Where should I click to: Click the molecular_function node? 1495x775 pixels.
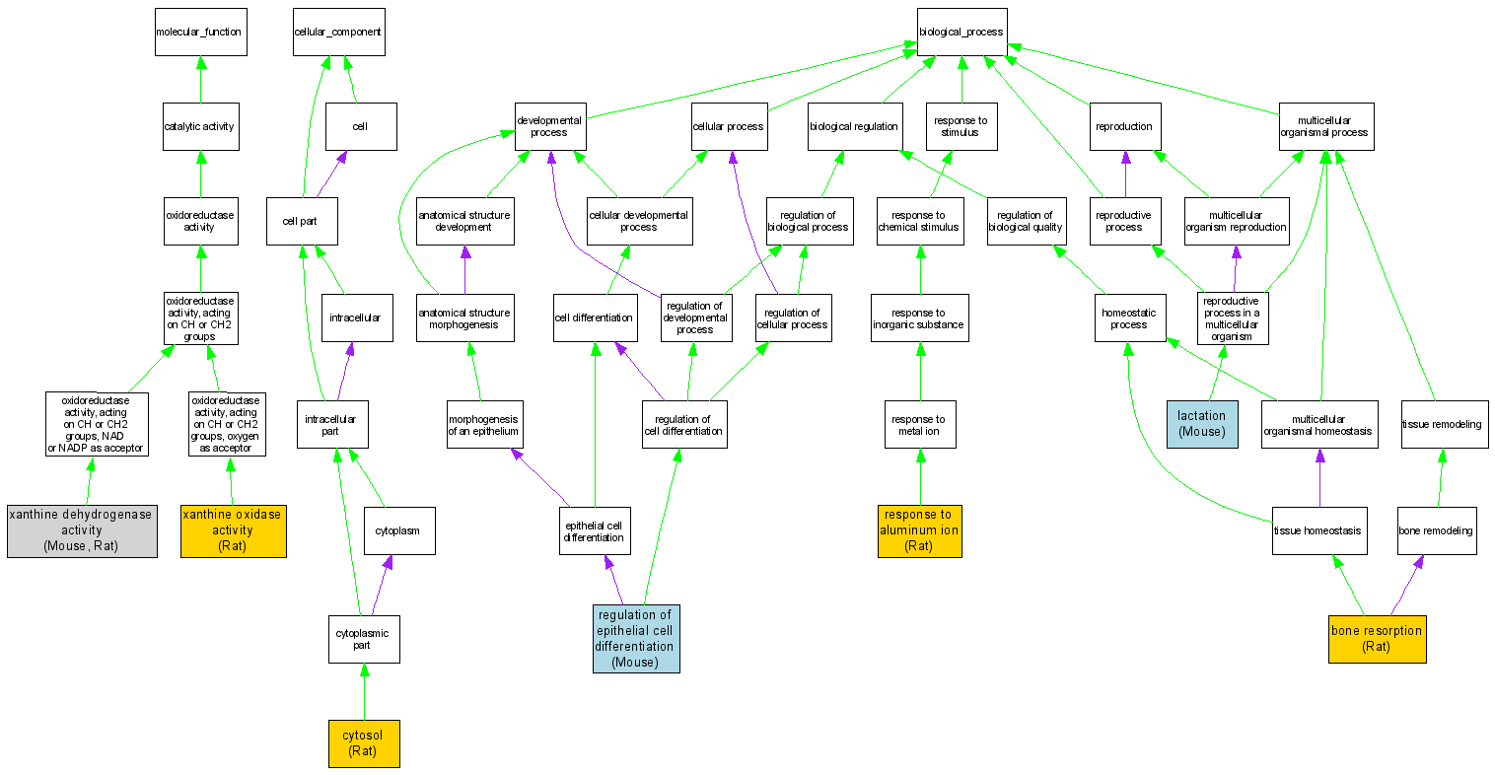(x=200, y=33)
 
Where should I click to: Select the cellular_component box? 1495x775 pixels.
(x=338, y=33)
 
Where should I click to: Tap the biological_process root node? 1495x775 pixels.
(x=961, y=33)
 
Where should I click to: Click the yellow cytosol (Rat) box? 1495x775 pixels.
(x=363, y=742)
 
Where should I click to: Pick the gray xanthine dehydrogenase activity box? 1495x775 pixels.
(x=82, y=529)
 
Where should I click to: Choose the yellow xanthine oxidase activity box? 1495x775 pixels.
(x=233, y=529)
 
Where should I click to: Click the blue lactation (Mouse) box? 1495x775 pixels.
(x=1201, y=423)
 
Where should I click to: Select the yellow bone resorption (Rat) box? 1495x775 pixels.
(x=1377, y=638)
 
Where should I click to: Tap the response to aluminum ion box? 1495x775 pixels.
(x=919, y=529)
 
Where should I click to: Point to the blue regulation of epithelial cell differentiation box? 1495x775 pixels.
(x=636, y=638)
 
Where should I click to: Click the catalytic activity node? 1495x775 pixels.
(x=200, y=127)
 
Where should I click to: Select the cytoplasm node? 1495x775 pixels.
(x=398, y=530)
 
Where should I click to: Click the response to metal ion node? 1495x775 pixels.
(x=919, y=424)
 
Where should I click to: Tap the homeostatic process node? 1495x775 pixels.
(x=1129, y=317)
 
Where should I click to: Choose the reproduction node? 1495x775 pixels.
(x=1124, y=127)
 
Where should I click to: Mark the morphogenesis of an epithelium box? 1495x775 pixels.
(x=483, y=424)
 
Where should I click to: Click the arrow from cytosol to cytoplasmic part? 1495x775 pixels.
(x=364, y=691)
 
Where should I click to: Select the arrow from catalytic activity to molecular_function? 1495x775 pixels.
(x=200, y=79)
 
